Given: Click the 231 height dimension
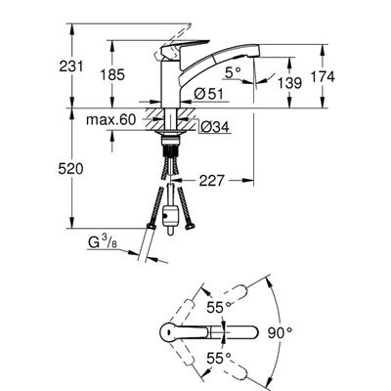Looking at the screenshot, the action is pyautogui.click(x=71, y=66).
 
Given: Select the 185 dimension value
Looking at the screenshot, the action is pyautogui.click(x=112, y=75).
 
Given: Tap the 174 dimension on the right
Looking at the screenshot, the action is pyautogui.click(x=323, y=77).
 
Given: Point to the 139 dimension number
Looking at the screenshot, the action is pyautogui.click(x=289, y=83).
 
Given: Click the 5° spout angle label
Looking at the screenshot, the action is pyautogui.click(x=233, y=72).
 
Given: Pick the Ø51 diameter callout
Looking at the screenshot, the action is pyautogui.click(x=208, y=95).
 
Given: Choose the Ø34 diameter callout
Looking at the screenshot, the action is pyautogui.click(x=215, y=127).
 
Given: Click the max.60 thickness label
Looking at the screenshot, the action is pyautogui.click(x=110, y=120).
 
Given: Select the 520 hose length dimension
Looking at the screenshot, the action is pyautogui.click(x=70, y=169).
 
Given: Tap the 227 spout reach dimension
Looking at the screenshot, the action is pyautogui.click(x=212, y=180).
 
